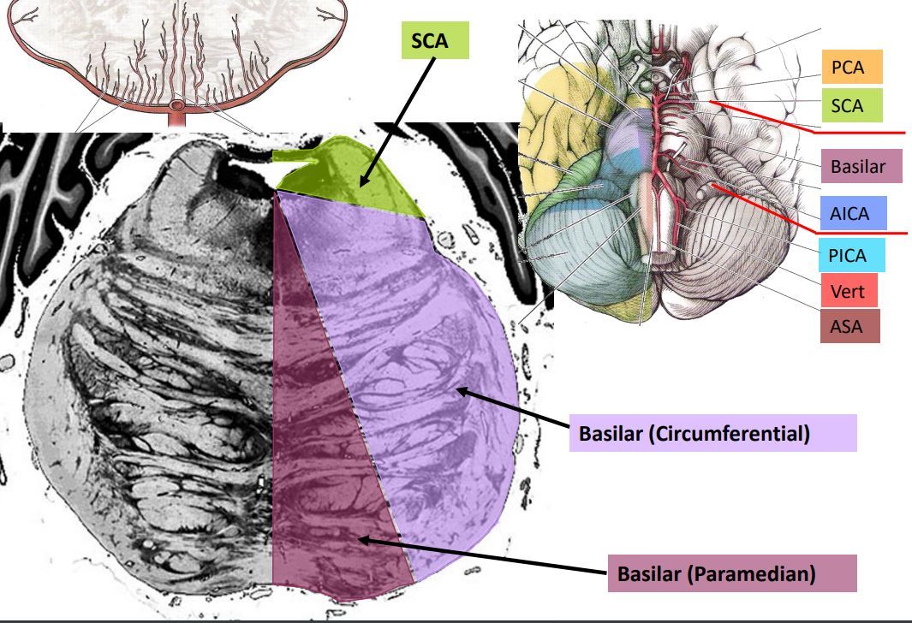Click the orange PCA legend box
pyautogui.click(x=848, y=68)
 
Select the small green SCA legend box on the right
pyautogui.click(x=848, y=107)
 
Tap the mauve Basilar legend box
pyautogui.click(x=857, y=167)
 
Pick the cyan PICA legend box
pyautogui.click(x=848, y=255)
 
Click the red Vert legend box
pyautogui.click(x=848, y=293)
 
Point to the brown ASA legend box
pyautogui.click(x=848, y=326)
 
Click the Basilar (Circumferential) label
pyautogui.click(x=712, y=434)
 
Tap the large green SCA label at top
pyautogui.click(x=435, y=41)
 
